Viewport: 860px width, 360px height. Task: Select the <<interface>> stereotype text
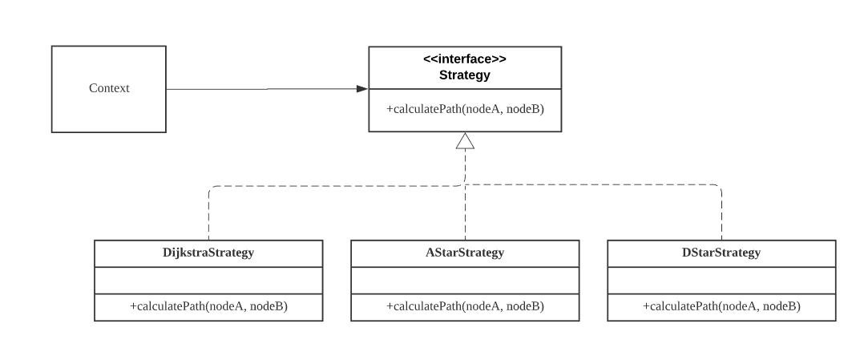pyautogui.click(x=465, y=60)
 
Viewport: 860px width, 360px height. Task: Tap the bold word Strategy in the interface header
pyautogui.click(x=465, y=75)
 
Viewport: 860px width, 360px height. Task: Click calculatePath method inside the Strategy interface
pyautogui.click(x=465, y=109)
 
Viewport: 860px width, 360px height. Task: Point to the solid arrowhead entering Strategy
pyautogui.click(x=362, y=88)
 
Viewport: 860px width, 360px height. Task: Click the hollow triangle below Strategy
pyautogui.click(x=465, y=141)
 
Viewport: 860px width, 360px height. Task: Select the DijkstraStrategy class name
pyautogui.click(x=208, y=253)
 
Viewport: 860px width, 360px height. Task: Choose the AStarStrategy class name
pyautogui.click(x=465, y=253)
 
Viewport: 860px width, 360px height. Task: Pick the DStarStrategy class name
pyautogui.click(x=721, y=253)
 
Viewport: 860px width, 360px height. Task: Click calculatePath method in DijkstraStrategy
pyautogui.click(x=208, y=307)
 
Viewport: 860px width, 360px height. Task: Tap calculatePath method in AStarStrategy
pyautogui.click(x=465, y=307)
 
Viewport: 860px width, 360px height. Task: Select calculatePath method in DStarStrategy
pyautogui.click(x=721, y=307)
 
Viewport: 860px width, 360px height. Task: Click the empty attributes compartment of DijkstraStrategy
pyautogui.click(x=208, y=280)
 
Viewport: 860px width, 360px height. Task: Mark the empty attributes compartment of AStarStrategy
pyautogui.click(x=465, y=280)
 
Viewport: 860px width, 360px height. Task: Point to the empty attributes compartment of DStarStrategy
pyautogui.click(x=721, y=280)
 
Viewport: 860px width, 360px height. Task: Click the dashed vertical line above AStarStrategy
pyautogui.click(x=465, y=212)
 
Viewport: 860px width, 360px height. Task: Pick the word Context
pyautogui.click(x=108, y=88)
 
